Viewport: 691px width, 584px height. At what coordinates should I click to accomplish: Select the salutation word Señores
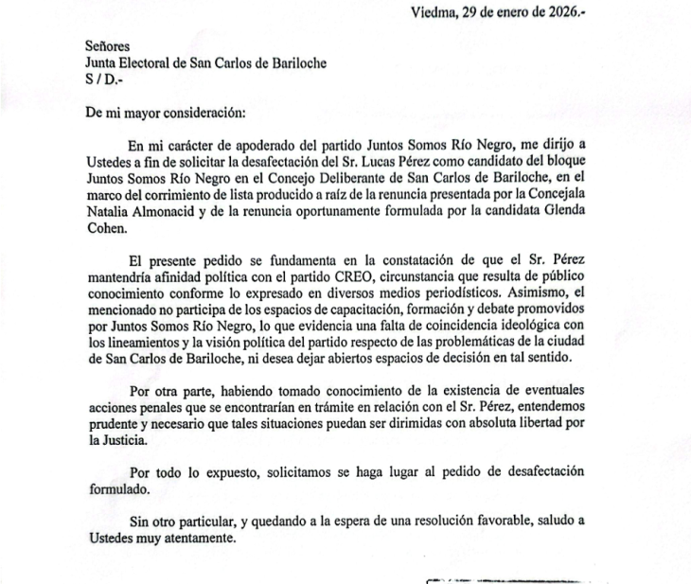(106, 45)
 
